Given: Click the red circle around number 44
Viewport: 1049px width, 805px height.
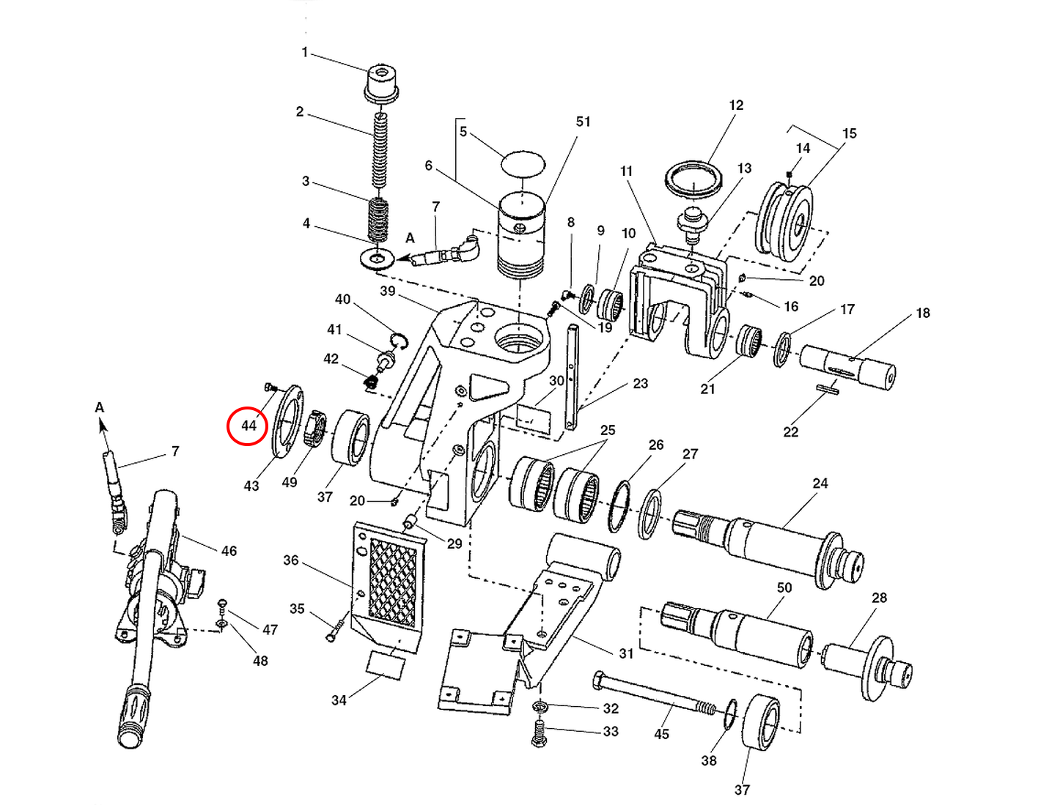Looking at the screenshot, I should click(247, 426).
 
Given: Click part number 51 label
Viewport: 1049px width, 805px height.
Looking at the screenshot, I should click(583, 122).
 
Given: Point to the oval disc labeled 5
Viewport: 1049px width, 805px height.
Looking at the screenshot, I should click(523, 163).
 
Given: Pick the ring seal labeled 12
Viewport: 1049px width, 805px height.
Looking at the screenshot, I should click(693, 178).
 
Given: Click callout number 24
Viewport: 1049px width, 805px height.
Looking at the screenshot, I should click(820, 483).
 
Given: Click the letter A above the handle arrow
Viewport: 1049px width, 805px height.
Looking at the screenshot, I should click(100, 407).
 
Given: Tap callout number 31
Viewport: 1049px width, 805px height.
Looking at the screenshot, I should click(625, 653).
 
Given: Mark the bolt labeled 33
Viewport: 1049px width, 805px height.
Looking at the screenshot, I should click(540, 732).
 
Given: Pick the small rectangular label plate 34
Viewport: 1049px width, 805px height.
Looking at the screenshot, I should click(386, 665).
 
